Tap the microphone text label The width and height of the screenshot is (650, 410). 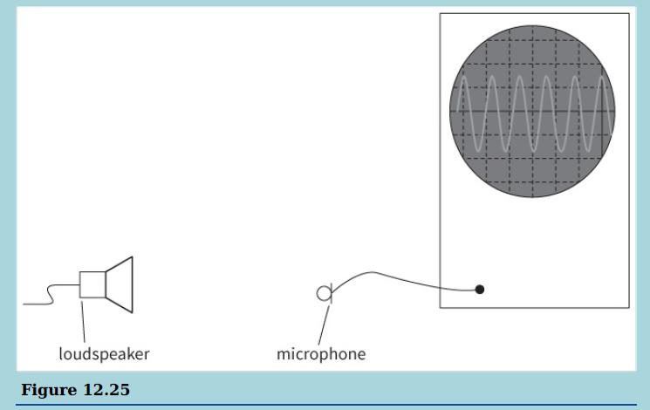[321, 354]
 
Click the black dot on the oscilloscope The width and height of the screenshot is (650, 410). [480, 290]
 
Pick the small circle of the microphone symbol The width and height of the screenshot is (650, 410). [323, 294]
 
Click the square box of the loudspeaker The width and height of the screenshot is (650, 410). [92, 284]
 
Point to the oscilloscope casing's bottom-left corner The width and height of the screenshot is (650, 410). [440, 307]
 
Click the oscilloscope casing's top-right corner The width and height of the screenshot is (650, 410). [628, 13]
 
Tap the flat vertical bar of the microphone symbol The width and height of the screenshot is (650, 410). [330, 294]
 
